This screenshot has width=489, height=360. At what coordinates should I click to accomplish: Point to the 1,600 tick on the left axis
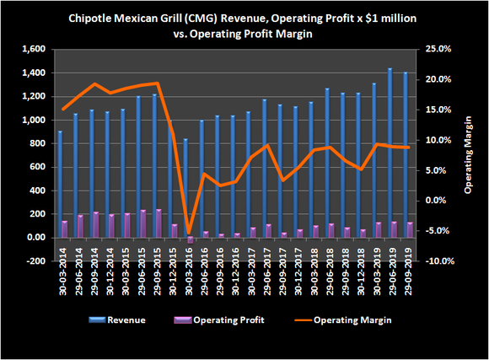[34, 49]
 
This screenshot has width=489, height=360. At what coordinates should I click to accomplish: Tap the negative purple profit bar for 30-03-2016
[190, 240]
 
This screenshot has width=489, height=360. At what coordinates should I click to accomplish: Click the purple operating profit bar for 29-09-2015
[159, 223]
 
